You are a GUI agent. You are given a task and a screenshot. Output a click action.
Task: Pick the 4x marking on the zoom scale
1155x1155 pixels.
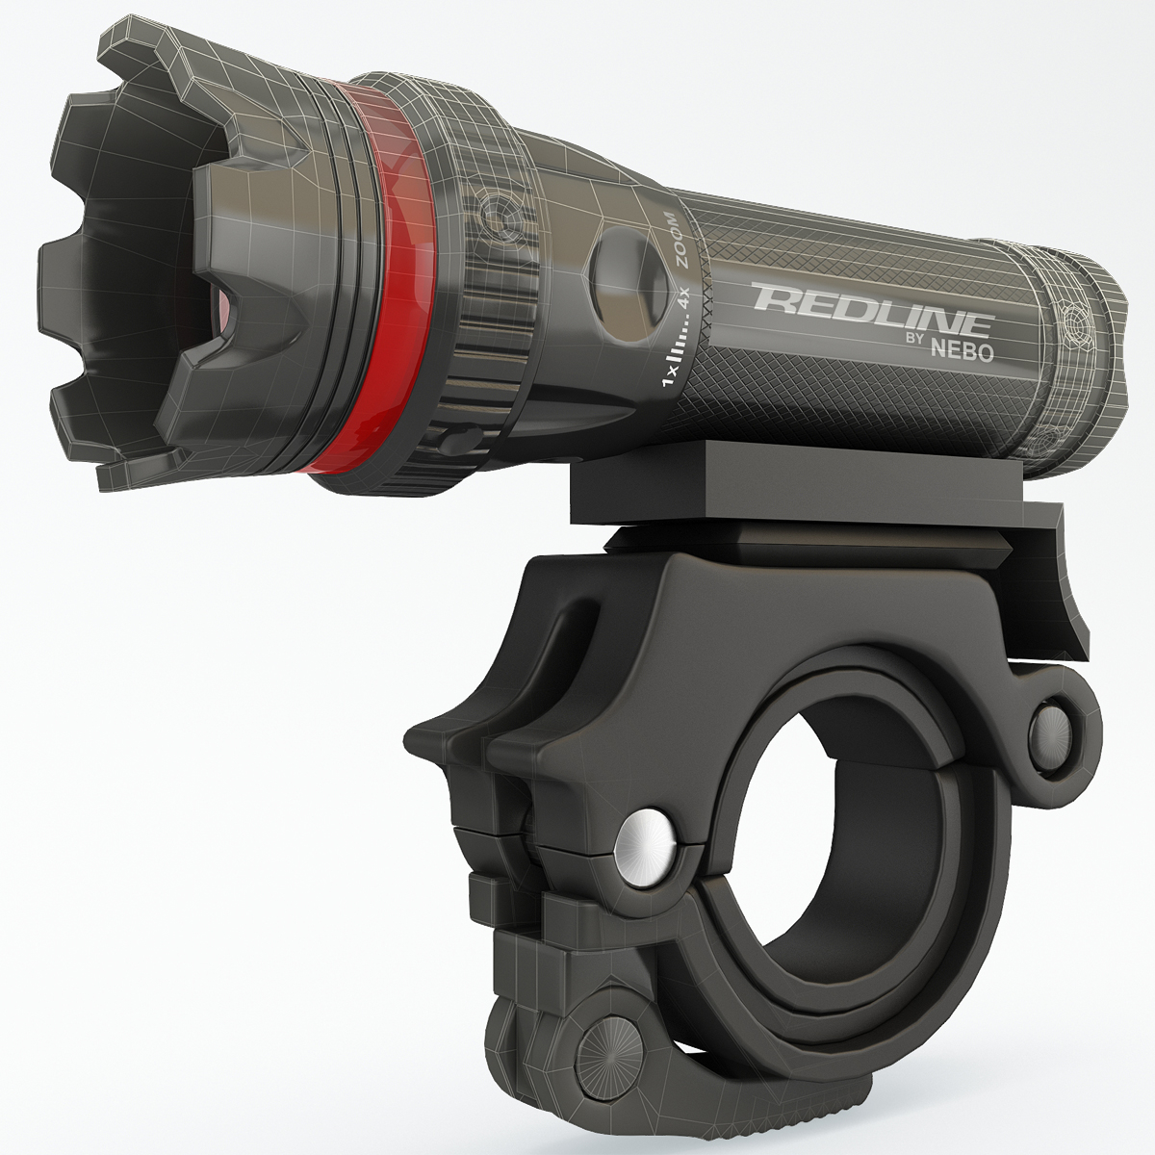click(685, 296)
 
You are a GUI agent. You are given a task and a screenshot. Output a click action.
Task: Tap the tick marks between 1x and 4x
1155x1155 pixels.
click(679, 337)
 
